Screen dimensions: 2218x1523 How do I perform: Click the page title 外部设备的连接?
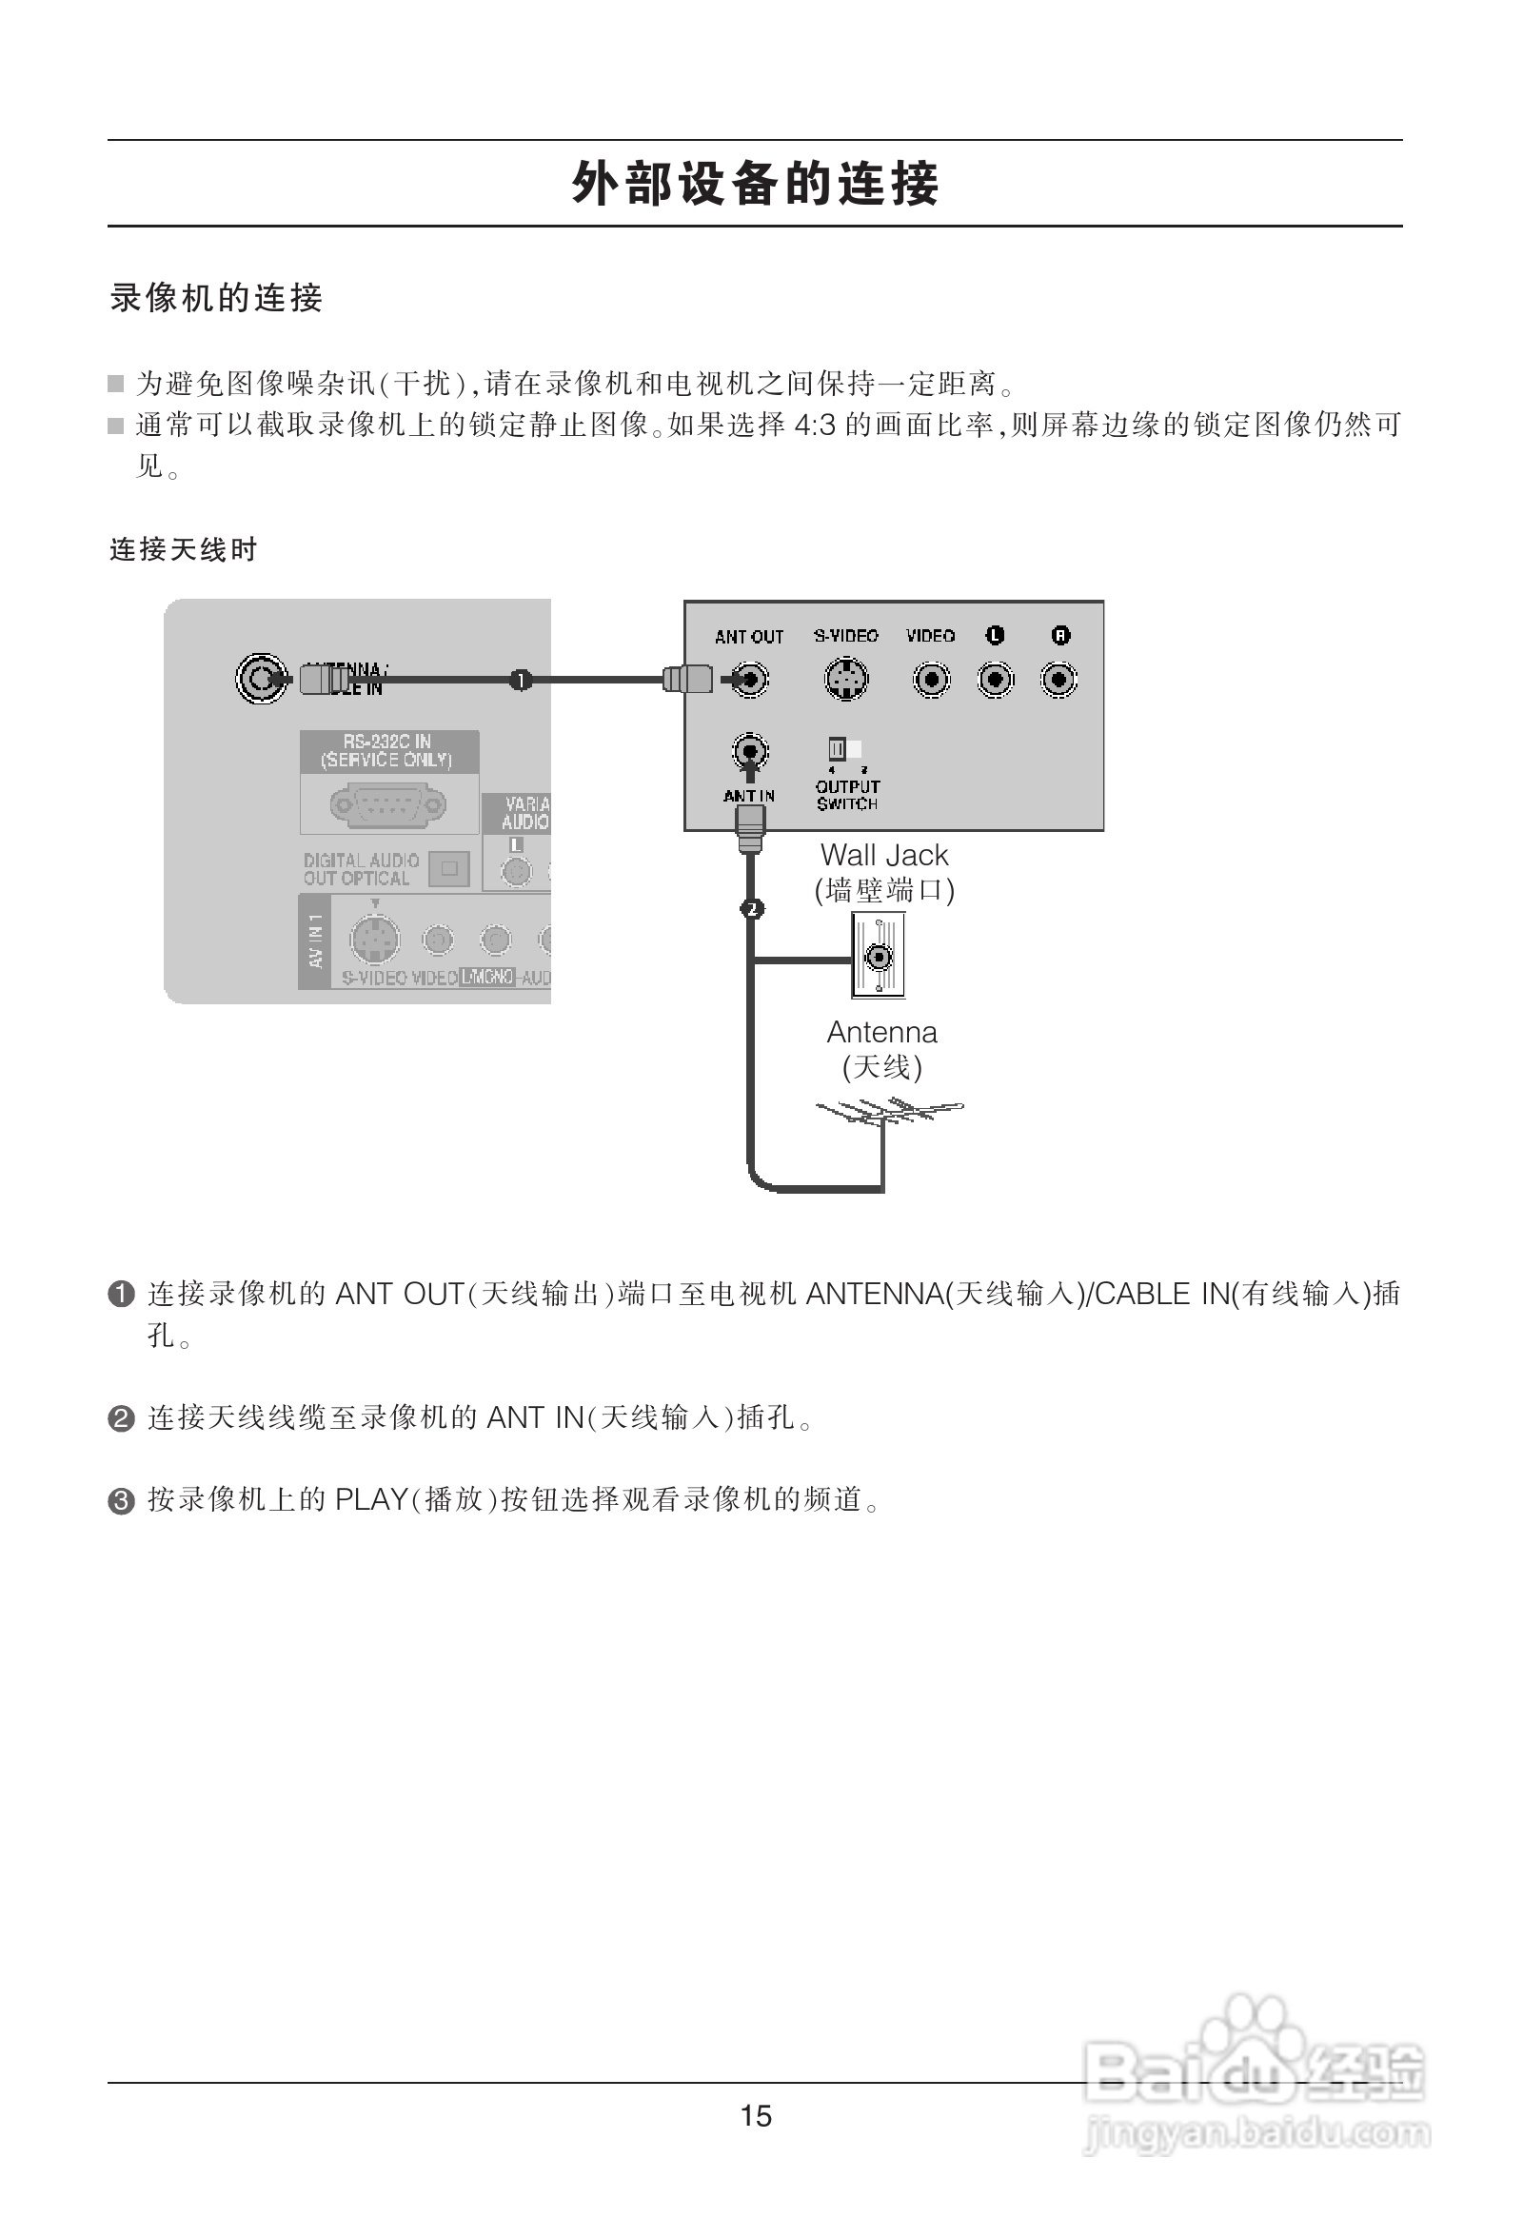point(755,183)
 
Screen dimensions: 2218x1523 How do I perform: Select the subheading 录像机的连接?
point(217,299)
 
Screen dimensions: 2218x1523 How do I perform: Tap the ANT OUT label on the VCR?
point(749,637)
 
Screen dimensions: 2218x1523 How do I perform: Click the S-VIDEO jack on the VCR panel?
point(845,680)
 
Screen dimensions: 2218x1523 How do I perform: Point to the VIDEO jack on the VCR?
point(930,680)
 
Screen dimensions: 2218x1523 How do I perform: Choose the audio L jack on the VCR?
point(996,680)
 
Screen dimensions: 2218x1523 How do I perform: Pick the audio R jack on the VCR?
point(1059,680)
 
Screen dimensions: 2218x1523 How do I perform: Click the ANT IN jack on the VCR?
point(750,752)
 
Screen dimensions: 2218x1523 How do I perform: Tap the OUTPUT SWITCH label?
point(847,795)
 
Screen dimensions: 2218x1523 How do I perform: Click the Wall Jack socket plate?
point(878,956)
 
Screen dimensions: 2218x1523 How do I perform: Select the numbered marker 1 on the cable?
point(520,680)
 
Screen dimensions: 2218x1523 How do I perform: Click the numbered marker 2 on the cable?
point(752,908)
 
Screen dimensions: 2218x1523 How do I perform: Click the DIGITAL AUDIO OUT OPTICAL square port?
point(448,868)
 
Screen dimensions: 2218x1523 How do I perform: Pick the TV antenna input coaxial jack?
point(261,679)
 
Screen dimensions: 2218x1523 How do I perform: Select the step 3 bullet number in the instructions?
point(121,1502)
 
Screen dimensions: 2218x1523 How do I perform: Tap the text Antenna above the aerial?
point(881,1032)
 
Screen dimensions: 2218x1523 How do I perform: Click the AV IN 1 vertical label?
point(315,941)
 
